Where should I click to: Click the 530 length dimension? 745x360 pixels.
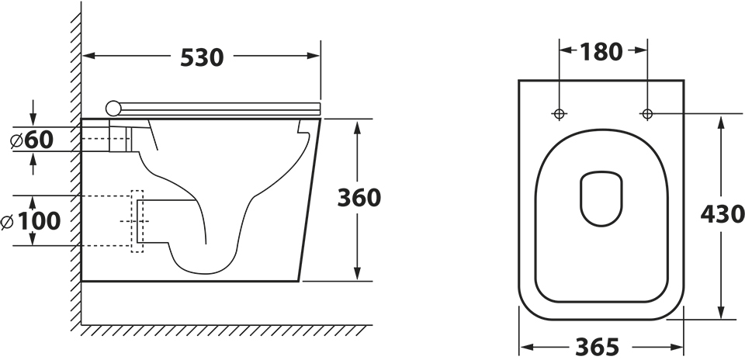202,58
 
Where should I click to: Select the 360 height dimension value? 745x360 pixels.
359,198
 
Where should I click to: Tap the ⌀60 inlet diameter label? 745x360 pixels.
33,140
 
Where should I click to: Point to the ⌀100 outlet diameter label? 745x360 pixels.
31,221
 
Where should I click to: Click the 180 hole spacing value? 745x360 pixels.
601,52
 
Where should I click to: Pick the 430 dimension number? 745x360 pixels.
722,214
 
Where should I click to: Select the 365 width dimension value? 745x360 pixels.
598,347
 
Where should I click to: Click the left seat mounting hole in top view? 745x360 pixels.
560,113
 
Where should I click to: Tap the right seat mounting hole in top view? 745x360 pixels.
647,113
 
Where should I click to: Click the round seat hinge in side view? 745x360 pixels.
113,109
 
